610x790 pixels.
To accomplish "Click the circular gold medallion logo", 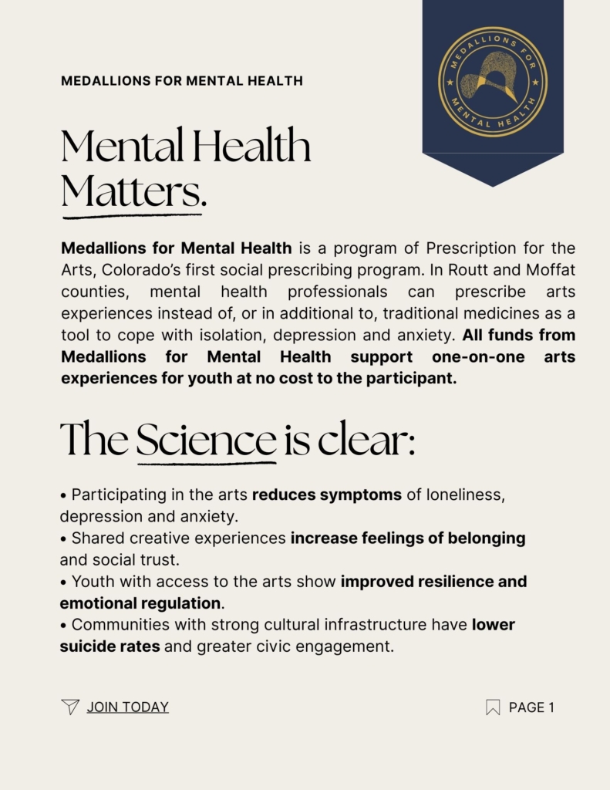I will (x=493, y=82).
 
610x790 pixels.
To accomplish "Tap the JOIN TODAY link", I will (x=127, y=707).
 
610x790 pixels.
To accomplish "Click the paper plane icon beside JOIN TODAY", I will (x=70, y=707).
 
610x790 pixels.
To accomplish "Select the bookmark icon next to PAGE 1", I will (x=493, y=707).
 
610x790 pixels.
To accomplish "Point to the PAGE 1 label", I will (x=531, y=707).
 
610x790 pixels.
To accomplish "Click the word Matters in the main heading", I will (x=133, y=191).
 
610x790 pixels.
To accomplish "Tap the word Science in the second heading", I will (x=206, y=440).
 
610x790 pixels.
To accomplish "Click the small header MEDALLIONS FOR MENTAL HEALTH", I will (x=182, y=80).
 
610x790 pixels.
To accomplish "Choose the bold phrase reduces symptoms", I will (x=327, y=495).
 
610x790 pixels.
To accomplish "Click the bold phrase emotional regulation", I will (x=140, y=603).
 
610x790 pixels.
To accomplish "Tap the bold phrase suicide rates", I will (x=110, y=646).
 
